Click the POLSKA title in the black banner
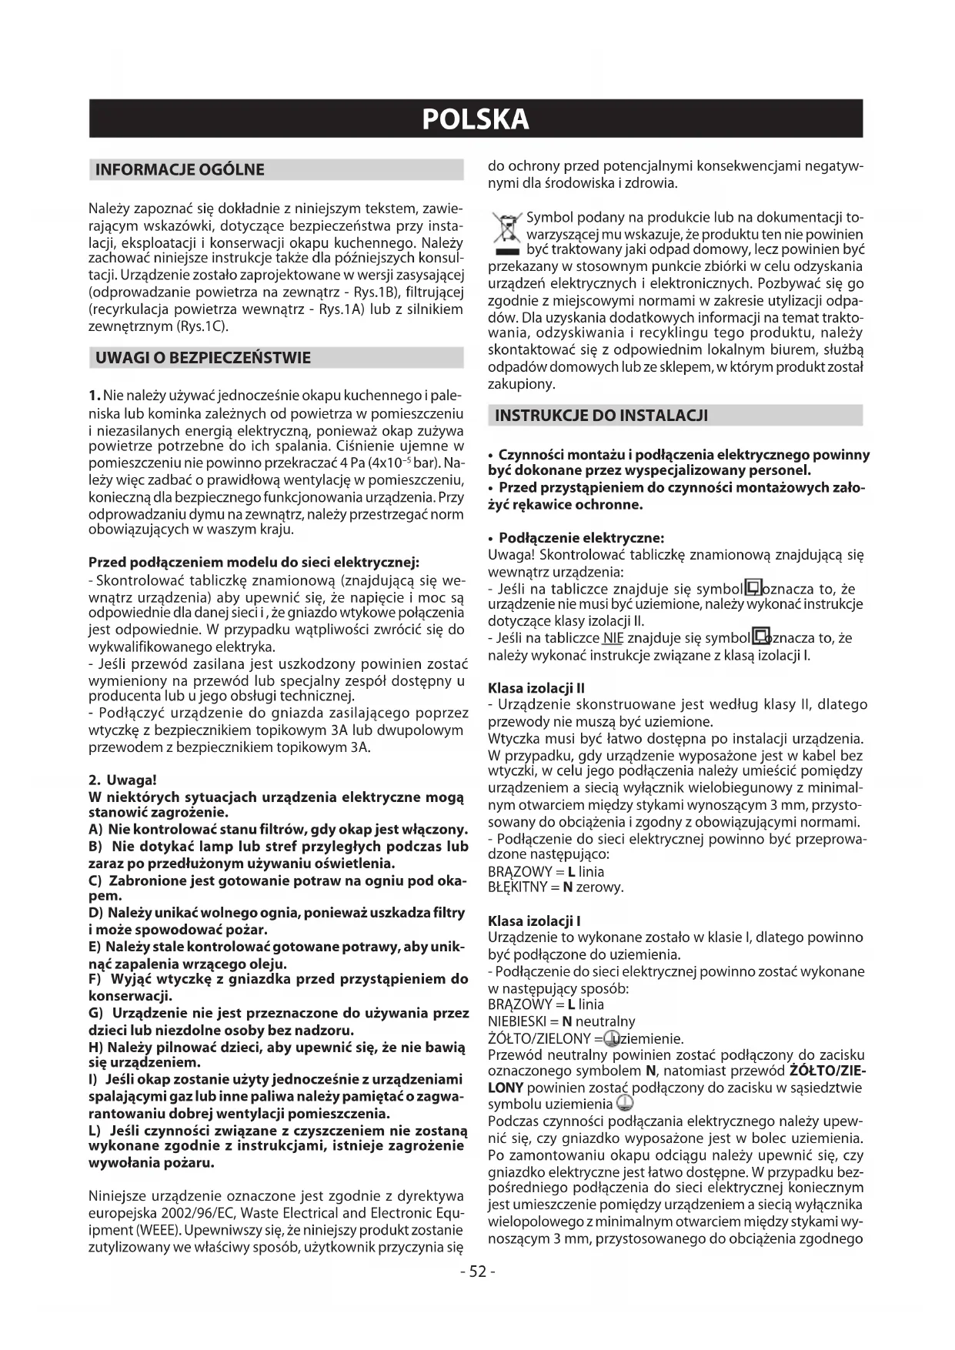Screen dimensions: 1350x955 click(x=476, y=119)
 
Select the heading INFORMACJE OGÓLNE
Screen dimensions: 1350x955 click(x=179, y=170)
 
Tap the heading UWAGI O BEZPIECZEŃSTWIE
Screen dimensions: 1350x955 click(x=202, y=358)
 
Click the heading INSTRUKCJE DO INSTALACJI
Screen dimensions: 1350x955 click(x=601, y=416)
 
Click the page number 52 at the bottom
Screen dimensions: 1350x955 click(x=477, y=1271)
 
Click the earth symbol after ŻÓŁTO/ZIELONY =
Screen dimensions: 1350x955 click(x=613, y=1038)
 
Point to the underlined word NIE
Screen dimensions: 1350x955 click(x=613, y=638)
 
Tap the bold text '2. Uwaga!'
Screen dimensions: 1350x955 click(x=123, y=780)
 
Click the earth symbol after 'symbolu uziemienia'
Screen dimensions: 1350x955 click(x=624, y=1105)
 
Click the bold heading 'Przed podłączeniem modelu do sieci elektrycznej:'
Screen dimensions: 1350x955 click(x=254, y=562)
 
